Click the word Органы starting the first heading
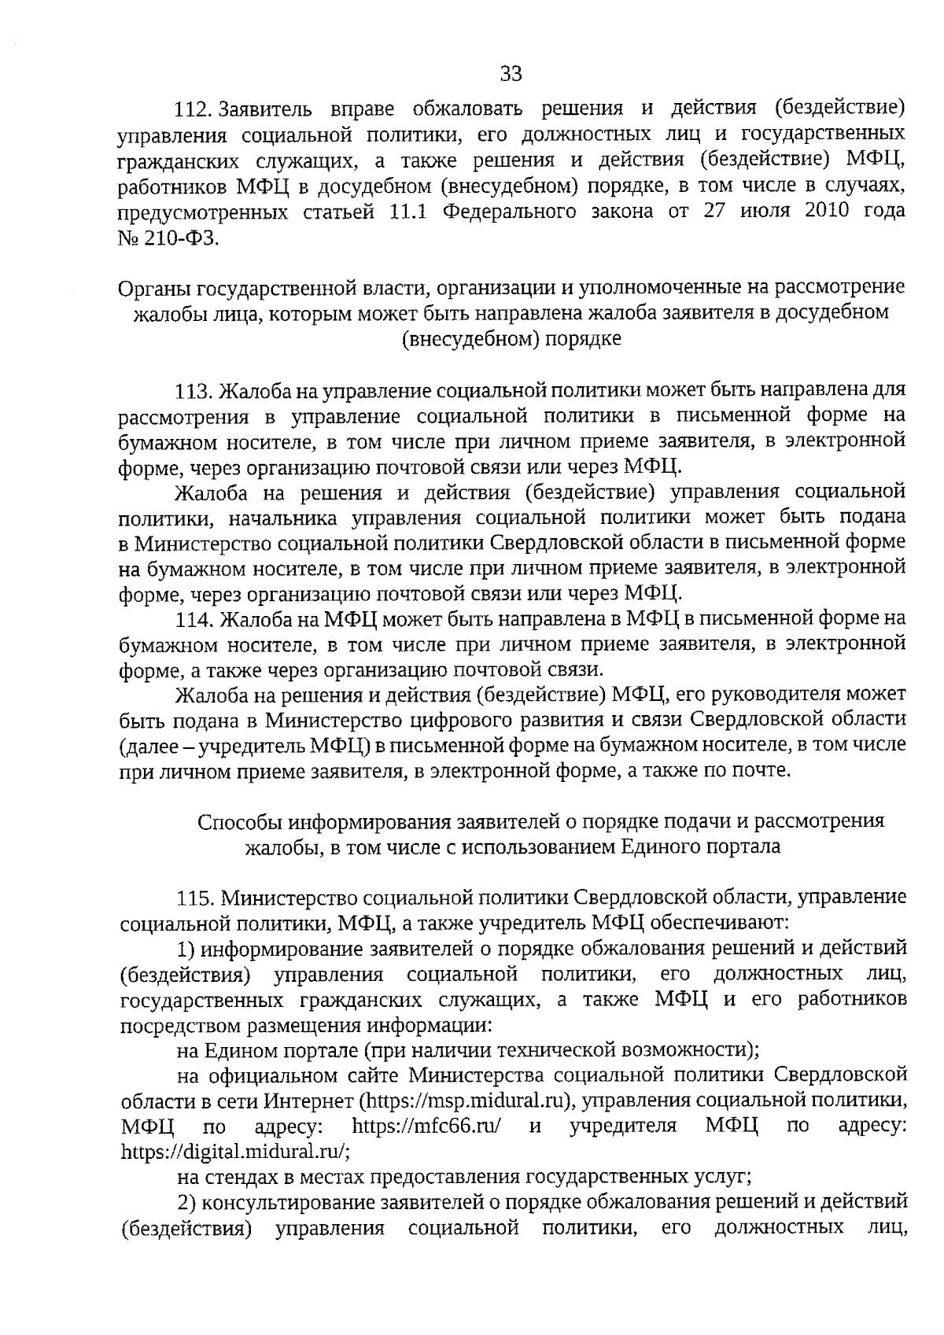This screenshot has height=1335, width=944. [153, 287]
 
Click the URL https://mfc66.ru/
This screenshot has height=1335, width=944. [427, 1125]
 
